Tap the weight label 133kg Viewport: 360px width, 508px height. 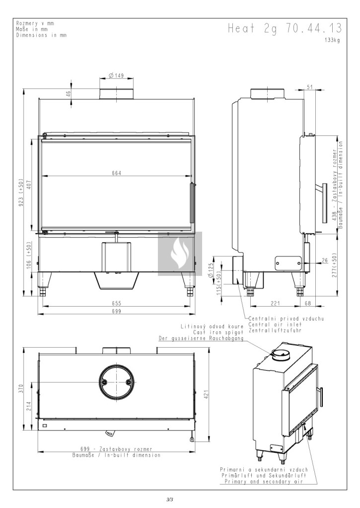tap(332, 40)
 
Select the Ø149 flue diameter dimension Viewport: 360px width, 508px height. tap(116, 76)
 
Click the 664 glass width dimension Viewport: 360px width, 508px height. tap(116, 173)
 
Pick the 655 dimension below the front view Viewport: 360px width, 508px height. tap(116, 303)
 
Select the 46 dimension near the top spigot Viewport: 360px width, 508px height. tap(69, 94)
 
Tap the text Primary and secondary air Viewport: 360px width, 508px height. tap(265, 481)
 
